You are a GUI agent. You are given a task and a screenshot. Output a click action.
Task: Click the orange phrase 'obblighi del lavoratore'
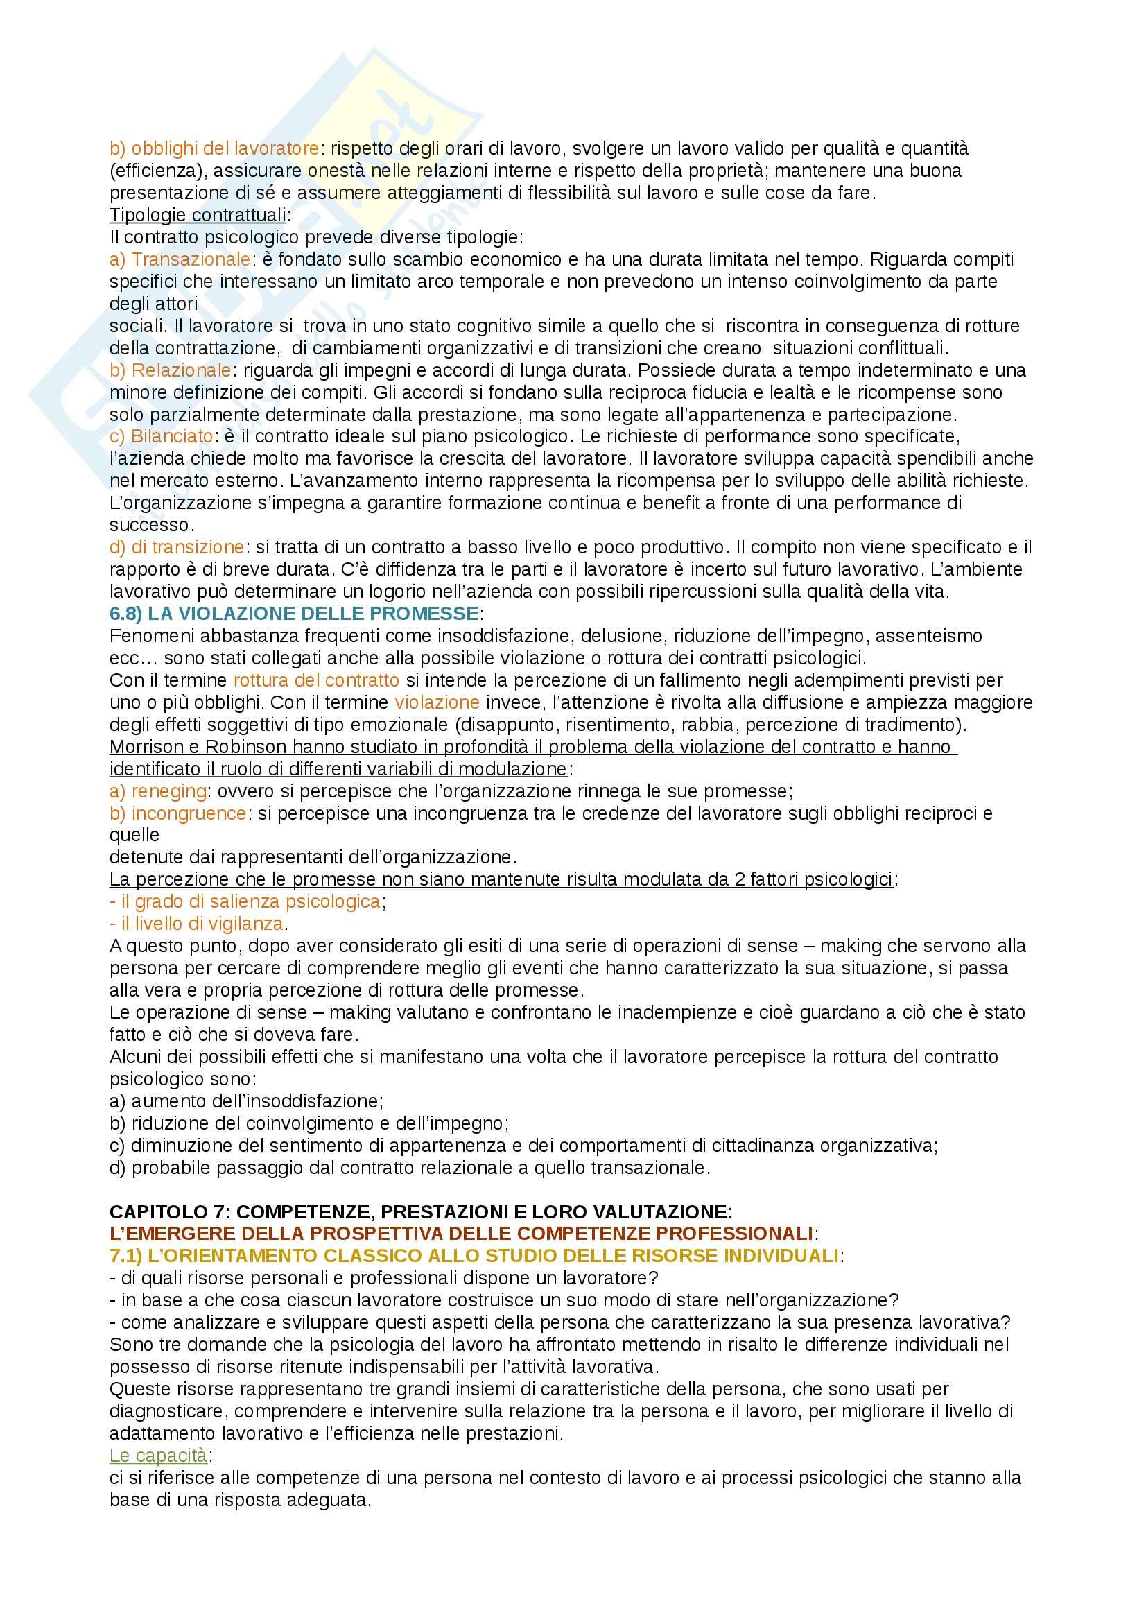coord(225,149)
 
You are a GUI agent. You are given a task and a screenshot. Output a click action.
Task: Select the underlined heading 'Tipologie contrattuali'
coord(198,216)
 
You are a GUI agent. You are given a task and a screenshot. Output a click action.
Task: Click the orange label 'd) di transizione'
coord(177,546)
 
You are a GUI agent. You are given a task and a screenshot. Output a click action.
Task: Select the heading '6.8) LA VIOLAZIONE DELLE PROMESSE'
coord(294,613)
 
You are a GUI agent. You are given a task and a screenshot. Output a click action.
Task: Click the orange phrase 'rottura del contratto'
coord(316,680)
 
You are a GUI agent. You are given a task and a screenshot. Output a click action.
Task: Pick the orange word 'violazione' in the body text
coord(437,702)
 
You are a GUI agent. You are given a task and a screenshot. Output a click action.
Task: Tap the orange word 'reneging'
coord(168,791)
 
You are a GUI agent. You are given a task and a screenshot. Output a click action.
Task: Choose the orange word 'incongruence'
coord(188,813)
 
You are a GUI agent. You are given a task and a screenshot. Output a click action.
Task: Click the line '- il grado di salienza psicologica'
coord(247,901)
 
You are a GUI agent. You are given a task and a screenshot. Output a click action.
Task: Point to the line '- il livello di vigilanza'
coord(198,923)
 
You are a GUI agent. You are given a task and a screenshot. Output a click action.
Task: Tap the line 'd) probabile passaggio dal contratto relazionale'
coord(410,1168)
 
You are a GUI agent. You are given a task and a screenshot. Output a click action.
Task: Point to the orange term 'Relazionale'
coord(181,370)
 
